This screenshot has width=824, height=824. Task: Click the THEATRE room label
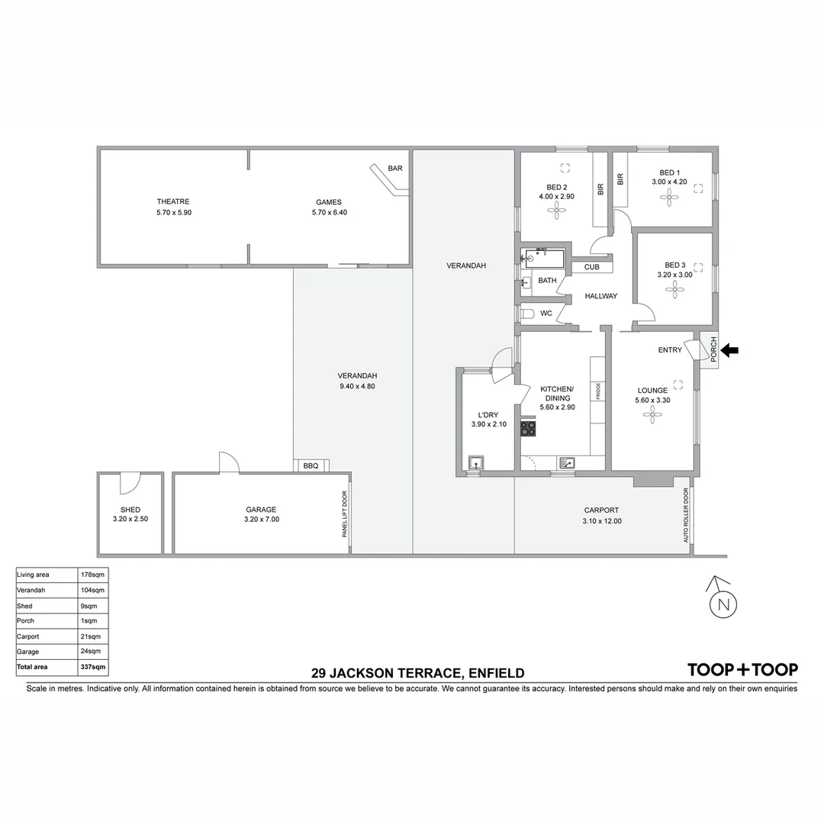173,202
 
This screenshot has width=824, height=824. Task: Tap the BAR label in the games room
394,169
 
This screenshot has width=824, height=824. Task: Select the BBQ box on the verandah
311,465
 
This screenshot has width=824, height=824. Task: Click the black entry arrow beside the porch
730,350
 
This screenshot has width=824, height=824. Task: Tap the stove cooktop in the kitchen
528,429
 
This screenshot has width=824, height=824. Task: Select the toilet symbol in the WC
527,314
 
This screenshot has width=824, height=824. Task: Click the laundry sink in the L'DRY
476,462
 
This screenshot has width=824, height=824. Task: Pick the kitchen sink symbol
567,462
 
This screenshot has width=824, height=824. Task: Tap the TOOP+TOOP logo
742,670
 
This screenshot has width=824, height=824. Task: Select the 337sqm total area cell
93,667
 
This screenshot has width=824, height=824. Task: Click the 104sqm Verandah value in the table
93,591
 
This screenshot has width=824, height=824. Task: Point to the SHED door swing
130,483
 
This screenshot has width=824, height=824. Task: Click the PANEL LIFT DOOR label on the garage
345,515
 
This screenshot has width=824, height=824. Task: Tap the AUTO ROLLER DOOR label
686,516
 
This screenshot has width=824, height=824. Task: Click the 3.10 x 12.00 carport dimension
601,522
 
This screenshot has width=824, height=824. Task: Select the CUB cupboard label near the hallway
591,267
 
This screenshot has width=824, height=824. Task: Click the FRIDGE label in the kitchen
599,391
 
